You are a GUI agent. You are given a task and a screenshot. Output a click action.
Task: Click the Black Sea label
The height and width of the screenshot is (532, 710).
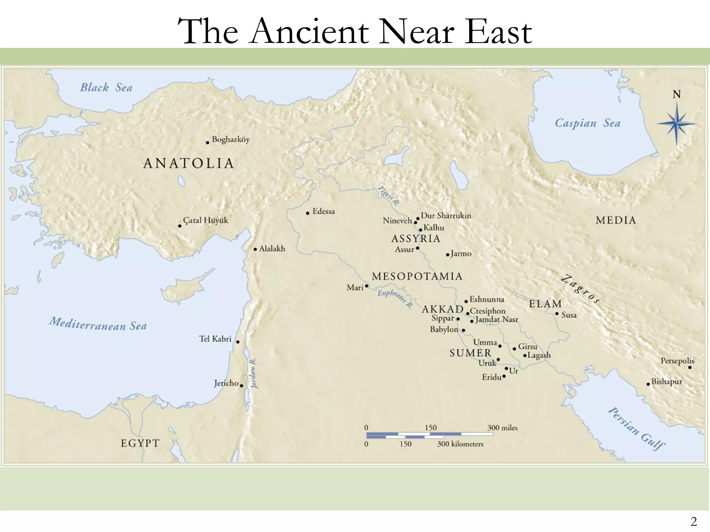point(106,87)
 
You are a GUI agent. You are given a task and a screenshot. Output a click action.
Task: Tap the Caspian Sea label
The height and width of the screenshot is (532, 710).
point(587,123)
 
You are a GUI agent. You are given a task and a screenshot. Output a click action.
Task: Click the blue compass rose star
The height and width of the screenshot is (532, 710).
point(676,124)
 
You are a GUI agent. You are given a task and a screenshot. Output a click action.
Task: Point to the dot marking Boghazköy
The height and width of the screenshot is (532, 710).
point(208,142)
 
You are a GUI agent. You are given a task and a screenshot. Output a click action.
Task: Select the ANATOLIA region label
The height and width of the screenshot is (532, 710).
point(189,163)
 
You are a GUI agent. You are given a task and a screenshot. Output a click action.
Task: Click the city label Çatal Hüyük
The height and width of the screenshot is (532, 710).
point(205,220)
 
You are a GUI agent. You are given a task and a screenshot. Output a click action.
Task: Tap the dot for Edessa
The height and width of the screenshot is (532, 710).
point(308,213)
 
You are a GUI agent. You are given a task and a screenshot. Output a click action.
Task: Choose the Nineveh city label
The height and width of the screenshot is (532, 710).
point(397,221)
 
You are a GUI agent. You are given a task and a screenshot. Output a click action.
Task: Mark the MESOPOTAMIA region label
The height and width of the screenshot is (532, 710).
point(417,276)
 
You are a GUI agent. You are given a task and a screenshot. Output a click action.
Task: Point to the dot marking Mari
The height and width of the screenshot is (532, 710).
point(367,286)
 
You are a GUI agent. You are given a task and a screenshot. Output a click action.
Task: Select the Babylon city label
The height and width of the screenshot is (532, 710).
point(444,329)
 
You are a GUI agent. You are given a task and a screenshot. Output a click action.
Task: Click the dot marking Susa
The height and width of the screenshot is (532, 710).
point(557,314)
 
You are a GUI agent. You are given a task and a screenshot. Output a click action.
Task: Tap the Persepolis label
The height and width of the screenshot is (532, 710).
point(677,361)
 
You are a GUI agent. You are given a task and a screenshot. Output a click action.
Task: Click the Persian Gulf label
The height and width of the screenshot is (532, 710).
point(637,428)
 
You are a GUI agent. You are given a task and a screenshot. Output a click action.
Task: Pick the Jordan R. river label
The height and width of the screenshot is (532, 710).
point(253,373)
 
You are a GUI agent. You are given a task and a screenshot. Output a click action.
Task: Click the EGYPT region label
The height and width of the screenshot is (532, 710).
point(140,443)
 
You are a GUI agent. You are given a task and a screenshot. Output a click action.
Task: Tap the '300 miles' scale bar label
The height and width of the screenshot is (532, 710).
point(502,428)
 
